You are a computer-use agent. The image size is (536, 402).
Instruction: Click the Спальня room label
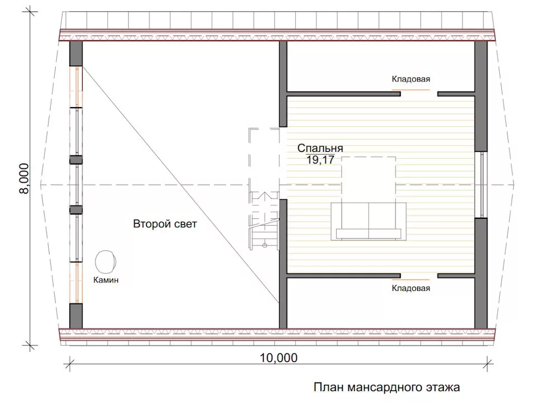319,149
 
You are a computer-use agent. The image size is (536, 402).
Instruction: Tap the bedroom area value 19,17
320,160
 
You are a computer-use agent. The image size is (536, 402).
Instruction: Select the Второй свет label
165,224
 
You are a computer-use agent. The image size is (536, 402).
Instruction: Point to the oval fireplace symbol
106,261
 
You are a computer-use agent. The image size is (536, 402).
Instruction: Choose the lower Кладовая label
410,288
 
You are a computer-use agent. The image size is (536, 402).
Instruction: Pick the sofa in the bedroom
368,221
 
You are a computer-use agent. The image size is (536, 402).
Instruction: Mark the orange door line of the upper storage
410,89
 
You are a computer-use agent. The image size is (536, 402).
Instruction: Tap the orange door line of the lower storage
410,278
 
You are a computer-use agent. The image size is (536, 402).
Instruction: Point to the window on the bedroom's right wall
483,184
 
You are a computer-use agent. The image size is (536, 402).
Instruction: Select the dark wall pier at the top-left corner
76,54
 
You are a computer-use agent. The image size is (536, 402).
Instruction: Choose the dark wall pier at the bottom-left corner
76,316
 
